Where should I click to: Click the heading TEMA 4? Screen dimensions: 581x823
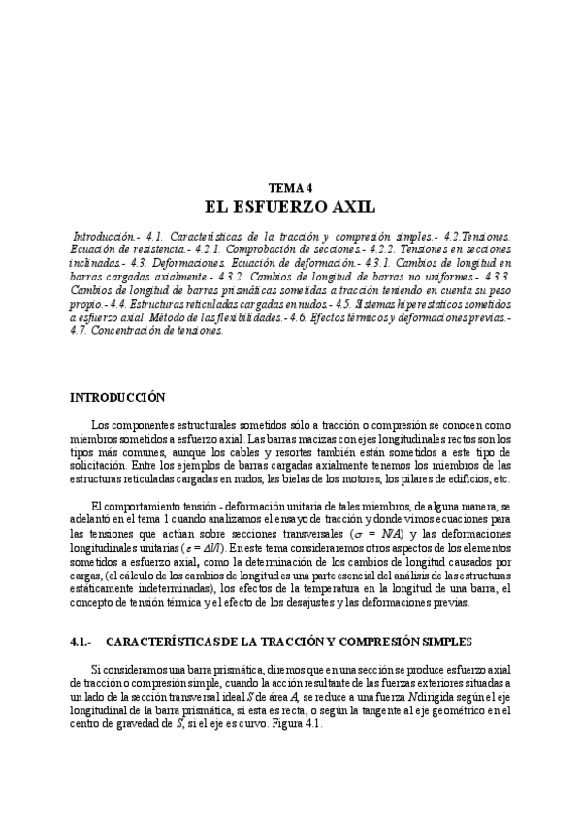tap(290, 187)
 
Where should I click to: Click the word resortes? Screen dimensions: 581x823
tap(335, 452)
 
